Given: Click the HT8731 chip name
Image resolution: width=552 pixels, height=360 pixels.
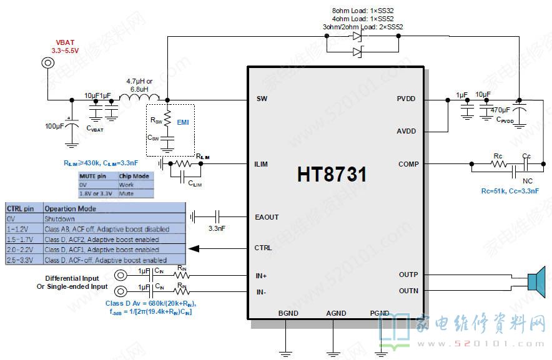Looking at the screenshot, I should pos(332,175).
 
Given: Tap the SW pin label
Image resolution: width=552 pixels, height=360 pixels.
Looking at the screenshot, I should pos(262,99).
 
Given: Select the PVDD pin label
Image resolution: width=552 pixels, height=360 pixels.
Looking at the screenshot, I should pos(407,99).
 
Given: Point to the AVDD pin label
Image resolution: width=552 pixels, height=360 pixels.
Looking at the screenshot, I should pos(407,132).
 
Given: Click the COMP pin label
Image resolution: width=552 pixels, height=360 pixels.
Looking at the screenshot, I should pos(408,165).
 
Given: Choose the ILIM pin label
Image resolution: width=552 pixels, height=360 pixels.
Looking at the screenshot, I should pos(262,165).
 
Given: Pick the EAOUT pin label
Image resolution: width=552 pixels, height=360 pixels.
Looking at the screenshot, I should pos(267,217).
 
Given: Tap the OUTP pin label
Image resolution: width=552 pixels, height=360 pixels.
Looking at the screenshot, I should pos(408,275).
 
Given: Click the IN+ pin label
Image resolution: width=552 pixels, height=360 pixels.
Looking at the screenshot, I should pos(262,275).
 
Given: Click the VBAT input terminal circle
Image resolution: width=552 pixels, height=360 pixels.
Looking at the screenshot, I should pos(47,63).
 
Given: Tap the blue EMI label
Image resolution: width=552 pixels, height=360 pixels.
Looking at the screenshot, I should pos(183,122).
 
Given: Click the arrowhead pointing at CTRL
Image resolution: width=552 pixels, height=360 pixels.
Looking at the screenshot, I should pos(194,248).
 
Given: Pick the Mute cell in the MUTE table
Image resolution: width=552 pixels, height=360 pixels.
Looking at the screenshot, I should pos(126,194).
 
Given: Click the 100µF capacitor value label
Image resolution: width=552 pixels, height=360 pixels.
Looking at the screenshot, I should pos(54,127).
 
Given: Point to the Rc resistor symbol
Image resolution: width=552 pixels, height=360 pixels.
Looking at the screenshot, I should pos(498,165).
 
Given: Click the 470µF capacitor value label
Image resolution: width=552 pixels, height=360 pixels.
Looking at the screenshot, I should pos(500,110).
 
